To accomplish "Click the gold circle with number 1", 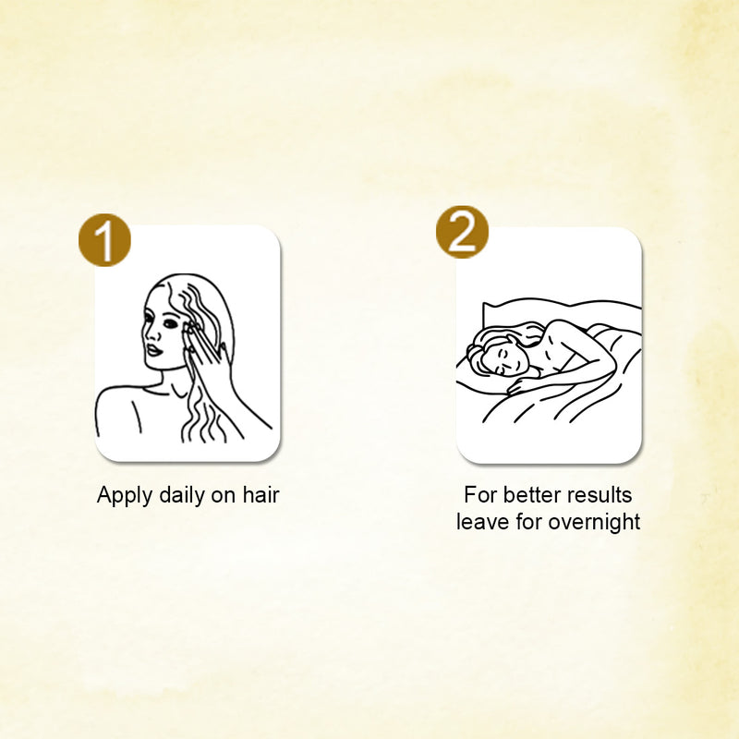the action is (x=104, y=240).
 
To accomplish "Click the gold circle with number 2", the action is (x=462, y=232).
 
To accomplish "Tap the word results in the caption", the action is (x=600, y=495).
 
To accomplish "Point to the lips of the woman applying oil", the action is (x=153, y=350).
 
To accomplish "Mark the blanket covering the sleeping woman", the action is (x=565, y=396).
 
